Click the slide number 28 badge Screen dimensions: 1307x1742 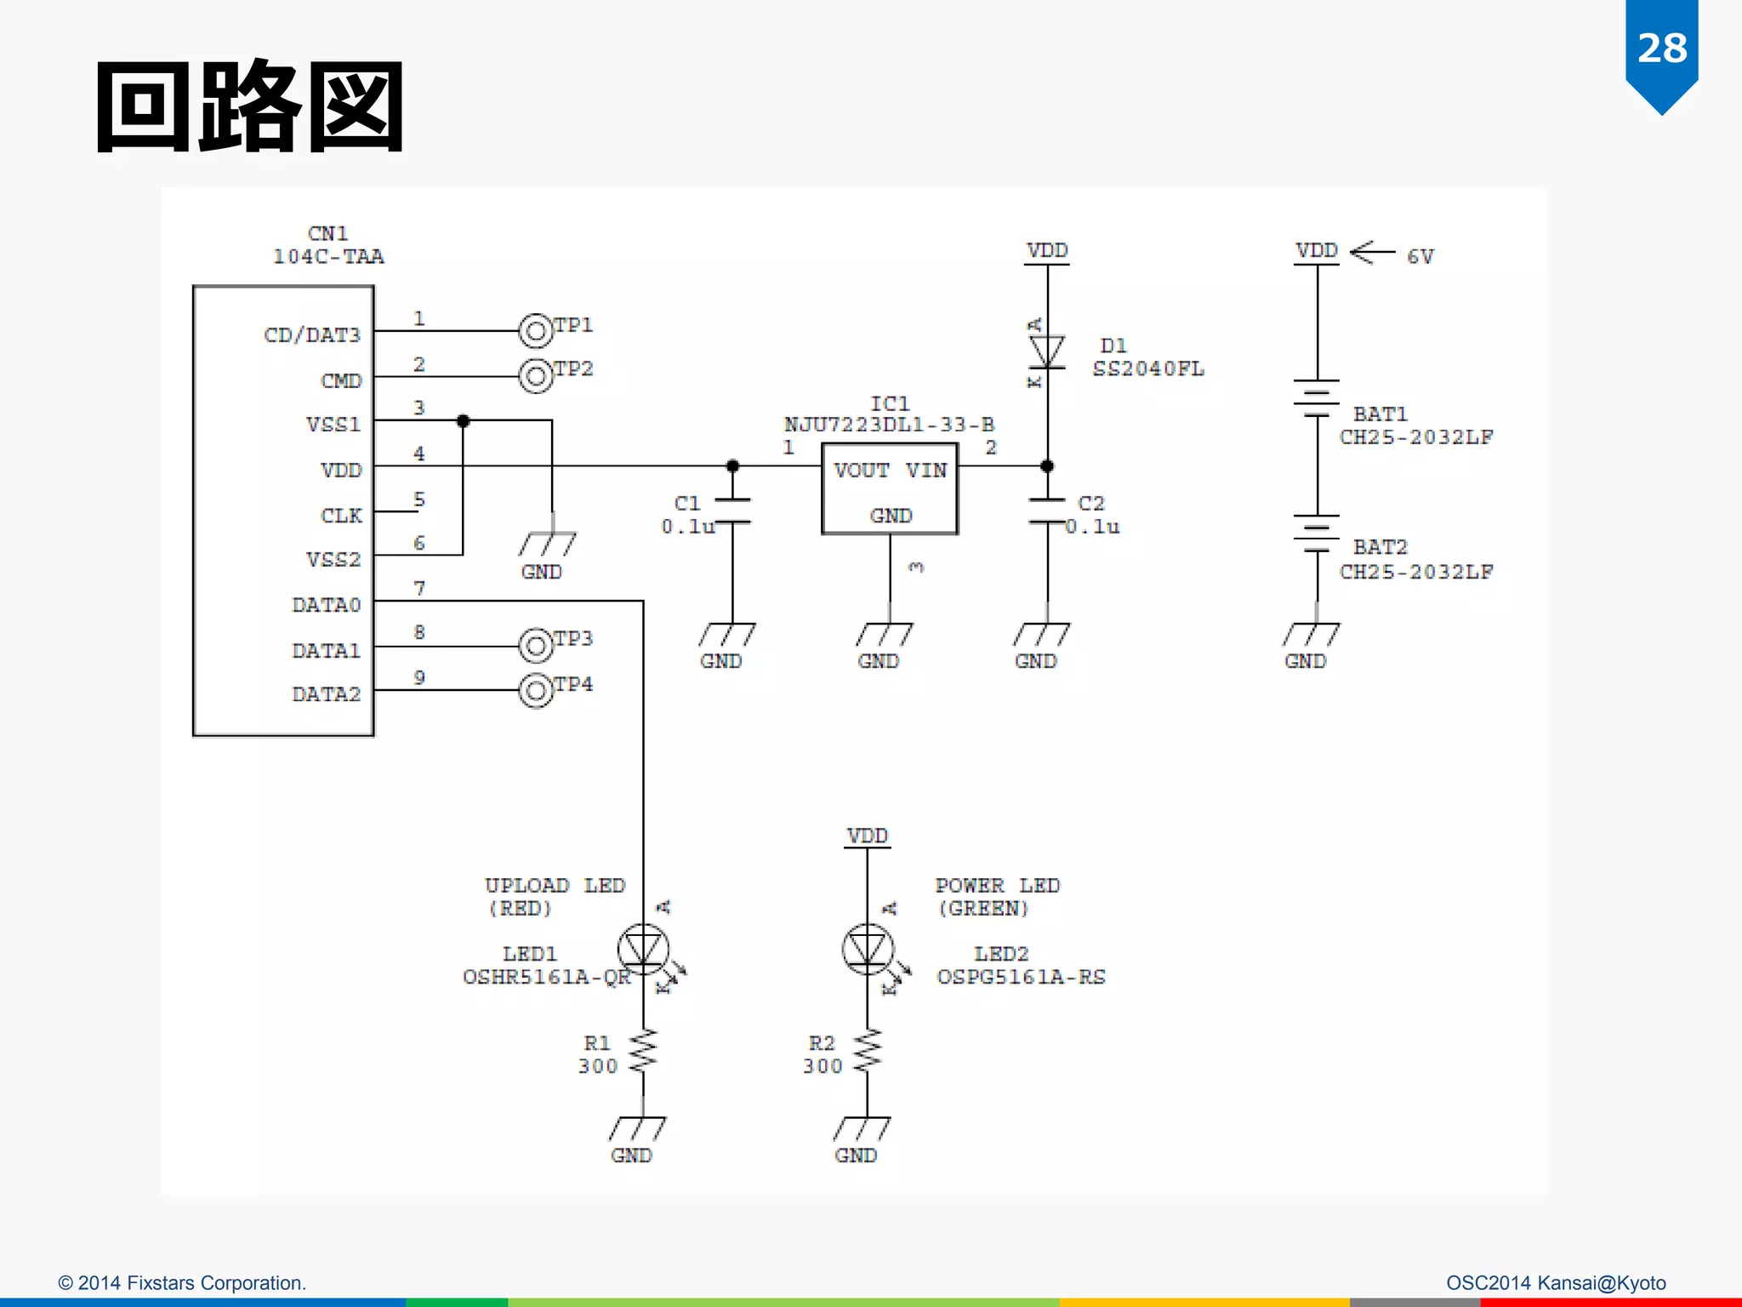click(1661, 49)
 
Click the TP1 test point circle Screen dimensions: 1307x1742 click(536, 331)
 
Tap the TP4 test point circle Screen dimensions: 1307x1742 click(536, 690)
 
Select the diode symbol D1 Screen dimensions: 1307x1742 click(1047, 351)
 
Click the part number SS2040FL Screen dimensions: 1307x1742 click(1147, 368)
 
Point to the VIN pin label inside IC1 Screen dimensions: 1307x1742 click(925, 471)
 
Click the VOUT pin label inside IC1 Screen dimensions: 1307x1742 click(861, 471)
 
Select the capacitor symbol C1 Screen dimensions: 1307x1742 click(732, 511)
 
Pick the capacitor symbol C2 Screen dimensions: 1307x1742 click(1047, 511)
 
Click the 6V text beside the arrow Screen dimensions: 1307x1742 click(1420, 256)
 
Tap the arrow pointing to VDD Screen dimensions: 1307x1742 click(1372, 252)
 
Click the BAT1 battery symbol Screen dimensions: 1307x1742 click(1317, 397)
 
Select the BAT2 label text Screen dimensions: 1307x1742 click(1380, 546)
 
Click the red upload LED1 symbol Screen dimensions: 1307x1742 click(643, 950)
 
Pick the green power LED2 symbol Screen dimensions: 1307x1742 click(868, 950)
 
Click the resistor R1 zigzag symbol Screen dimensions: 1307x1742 click(643, 1052)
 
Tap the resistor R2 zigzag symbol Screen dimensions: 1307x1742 click(868, 1052)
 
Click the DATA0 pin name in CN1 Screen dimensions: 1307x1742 click(326, 605)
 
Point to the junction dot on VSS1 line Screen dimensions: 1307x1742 click(463, 421)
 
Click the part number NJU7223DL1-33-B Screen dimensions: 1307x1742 click(889, 424)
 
